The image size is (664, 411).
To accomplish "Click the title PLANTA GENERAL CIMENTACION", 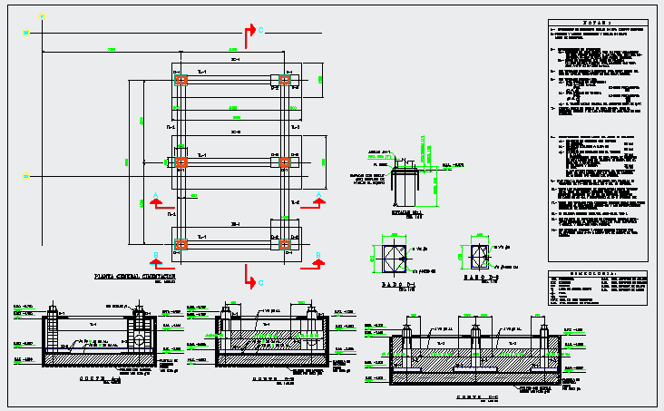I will [x=135, y=274].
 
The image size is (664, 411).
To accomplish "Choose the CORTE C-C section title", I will [x=477, y=397].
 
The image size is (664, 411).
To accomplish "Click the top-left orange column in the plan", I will [x=181, y=81].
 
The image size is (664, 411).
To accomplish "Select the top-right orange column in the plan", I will [x=284, y=81].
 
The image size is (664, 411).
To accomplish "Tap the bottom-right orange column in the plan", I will [x=284, y=243].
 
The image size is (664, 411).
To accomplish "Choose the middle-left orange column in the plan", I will [x=181, y=161].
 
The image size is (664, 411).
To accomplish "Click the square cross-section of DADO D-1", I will [x=395, y=257].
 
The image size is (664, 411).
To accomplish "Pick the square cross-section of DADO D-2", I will [x=479, y=255].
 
